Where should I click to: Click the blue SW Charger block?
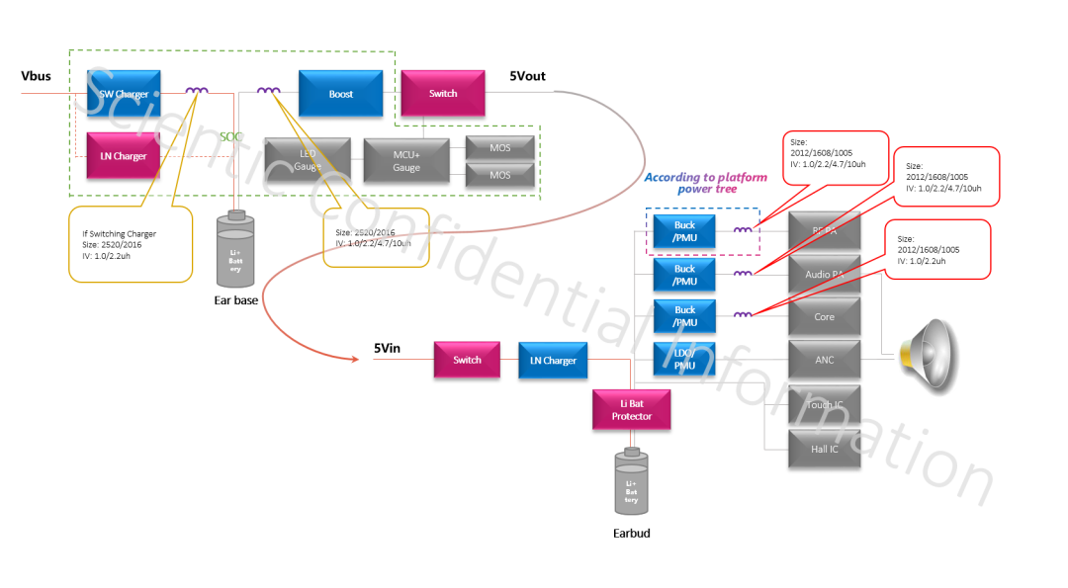pos(124,94)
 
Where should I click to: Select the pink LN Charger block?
pos(124,156)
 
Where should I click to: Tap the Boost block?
pos(340,94)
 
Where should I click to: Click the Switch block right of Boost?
pos(442,94)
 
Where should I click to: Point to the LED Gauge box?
pos(308,159)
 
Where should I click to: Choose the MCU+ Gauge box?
pos(406,160)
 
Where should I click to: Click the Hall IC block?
pos(825,449)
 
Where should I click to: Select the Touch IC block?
pos(825,405)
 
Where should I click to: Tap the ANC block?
pos(825,360)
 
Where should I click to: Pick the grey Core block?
pos(825,317)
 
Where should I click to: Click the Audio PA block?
pos(825,274)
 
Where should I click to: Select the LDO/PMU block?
pos(684,359)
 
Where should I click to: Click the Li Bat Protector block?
pos(631,409)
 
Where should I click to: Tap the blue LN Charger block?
pos(553,360)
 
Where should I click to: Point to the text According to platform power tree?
pos(701,183)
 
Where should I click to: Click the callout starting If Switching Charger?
pos(131,243)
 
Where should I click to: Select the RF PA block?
pos(825,232)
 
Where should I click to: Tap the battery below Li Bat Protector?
pos(631,481)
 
